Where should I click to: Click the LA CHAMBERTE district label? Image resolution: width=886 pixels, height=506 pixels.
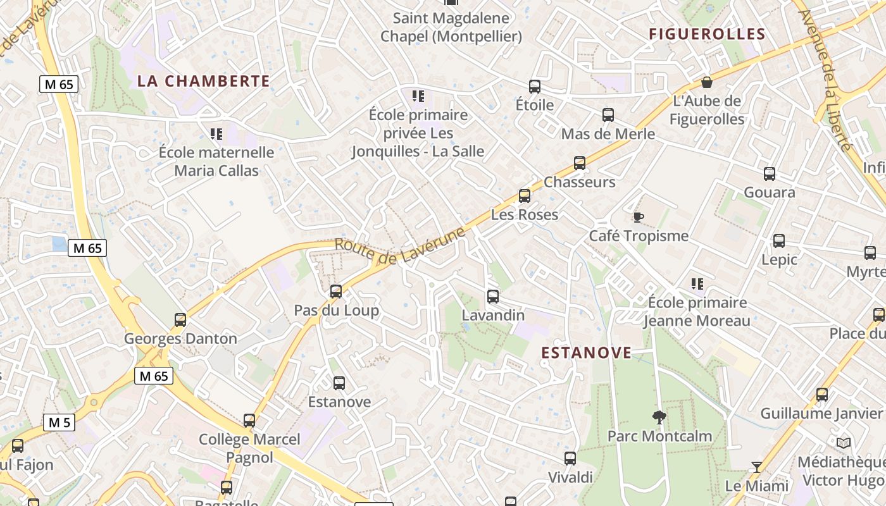pyautogui.click(x=204, y=81)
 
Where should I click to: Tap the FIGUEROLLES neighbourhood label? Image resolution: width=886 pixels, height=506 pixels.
pyautogui.click(x=707, y=34)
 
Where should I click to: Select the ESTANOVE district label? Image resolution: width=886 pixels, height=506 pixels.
pyautogui.click(x=587, y=353)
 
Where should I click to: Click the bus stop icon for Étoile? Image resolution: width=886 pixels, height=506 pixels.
pyautogui.click(x=535, y=87)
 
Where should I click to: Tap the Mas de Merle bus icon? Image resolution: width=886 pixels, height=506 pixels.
pyautogui.click(x=608, y=115)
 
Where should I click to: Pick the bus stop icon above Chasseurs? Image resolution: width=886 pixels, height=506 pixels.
pyautogui.click(x=580, y=163)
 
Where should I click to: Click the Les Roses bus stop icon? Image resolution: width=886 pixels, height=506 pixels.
pyautogui.click(x=525, y=196)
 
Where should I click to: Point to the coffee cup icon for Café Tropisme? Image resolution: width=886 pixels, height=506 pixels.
pyautogui.click(x=639, y=218)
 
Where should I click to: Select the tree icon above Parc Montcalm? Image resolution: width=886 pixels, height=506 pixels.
pyautogui.click(x=659, y=417)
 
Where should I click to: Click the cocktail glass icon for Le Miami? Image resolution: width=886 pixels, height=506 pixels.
pyautogui.click(x=756, y=467)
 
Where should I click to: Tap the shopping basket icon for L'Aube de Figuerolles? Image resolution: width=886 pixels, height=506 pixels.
pyautogui.click(x=707, y=82)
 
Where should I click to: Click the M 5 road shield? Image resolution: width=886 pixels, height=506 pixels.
pyautogui.click(x=59, y=422)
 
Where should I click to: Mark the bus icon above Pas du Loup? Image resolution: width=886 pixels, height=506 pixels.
pyautogui.click(x=336, y=292)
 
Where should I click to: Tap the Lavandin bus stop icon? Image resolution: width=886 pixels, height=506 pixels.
pyautogui.click(x=493, y=296)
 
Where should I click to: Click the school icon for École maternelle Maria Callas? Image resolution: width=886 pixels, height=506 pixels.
pyautogui.click(x=216, y=134)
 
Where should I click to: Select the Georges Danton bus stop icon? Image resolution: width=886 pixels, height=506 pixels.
pyautogui.click(x=180, y=320)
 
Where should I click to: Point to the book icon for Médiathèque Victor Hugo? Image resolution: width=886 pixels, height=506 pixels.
pyautogui.click(x=843, y=443)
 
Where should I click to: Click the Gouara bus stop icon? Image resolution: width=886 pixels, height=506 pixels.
pyautogui.click(x=770, y=174)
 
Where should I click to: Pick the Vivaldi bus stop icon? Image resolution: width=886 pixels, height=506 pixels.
pyautogui.click(x=570, y=459)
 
